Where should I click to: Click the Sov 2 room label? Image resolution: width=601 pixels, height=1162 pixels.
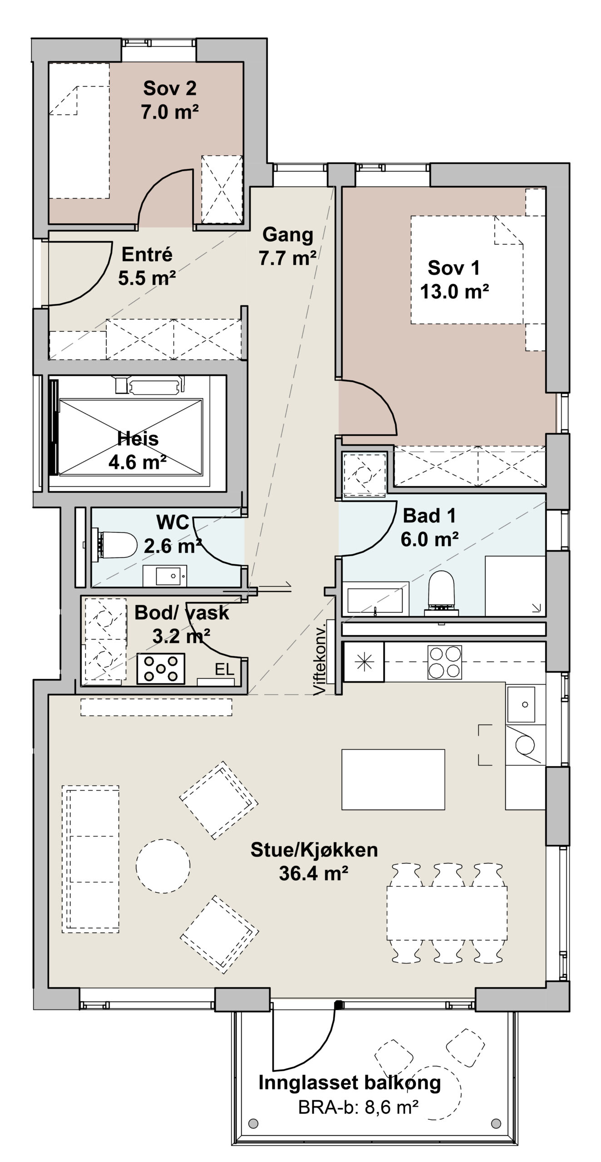click(170, 88)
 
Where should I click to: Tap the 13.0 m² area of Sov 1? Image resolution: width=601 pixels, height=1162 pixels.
click(454, 291)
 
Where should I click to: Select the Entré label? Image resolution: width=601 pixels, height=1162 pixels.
click(147, 254)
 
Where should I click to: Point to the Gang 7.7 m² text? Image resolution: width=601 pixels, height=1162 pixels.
click(288, 246)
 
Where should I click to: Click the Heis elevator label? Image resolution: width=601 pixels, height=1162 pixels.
click(138, 438)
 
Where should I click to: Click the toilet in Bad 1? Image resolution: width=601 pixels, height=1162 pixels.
click(441, 593)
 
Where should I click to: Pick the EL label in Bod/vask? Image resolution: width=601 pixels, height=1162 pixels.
click(224, 669)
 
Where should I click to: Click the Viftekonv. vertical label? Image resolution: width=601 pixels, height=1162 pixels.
click(320, 658)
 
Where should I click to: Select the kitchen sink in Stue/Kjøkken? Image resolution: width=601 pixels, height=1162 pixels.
click(521, 704)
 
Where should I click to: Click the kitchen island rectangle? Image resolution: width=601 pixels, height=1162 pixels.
click(393, 779)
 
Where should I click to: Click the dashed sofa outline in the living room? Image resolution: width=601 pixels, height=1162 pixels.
click(90, 859)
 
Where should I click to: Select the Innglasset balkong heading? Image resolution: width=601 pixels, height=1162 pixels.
click(350, 1083)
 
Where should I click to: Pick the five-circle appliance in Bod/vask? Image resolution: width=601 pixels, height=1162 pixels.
click(161, 668)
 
